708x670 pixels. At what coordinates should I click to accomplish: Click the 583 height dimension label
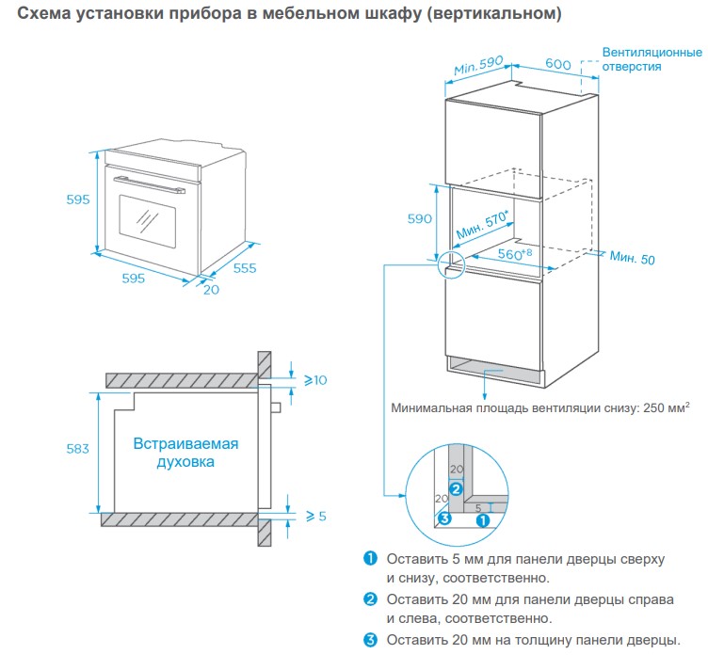77,449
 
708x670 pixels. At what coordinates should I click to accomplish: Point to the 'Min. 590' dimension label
479,67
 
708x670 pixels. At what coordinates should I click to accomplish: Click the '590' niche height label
419,218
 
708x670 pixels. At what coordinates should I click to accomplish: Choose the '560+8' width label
515,254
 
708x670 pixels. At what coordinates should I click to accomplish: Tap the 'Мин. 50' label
632,257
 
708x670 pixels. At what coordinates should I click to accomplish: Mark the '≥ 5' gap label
315,516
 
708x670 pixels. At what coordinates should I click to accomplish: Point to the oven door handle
146,182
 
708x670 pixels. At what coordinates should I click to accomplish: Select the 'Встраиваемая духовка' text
185,453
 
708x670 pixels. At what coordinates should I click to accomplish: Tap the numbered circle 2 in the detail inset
456,488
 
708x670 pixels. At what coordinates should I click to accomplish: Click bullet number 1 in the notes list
370,558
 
